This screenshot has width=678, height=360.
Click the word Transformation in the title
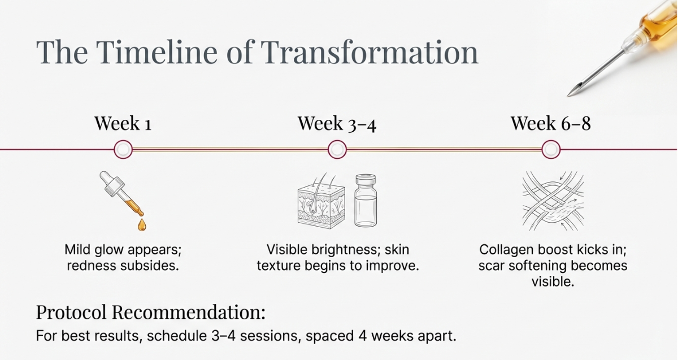pyautogui.click(x=370, y=51)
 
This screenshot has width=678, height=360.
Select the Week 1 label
pyautogui.click(x=123, y=123)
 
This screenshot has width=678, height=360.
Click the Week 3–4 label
pyautogui.click(x=337, y=123)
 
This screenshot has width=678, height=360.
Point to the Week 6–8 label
pyautogui.click(x=550, y=123)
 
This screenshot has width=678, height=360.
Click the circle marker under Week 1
pyautogui.click(x=123, y=150)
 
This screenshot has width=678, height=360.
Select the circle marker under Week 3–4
pyautogui.click(x=337, y=150)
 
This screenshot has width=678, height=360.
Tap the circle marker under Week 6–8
pyautogui.click(x=550, y=150)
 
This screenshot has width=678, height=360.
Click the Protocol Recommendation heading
pyautogui.click(x=150, y=312)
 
